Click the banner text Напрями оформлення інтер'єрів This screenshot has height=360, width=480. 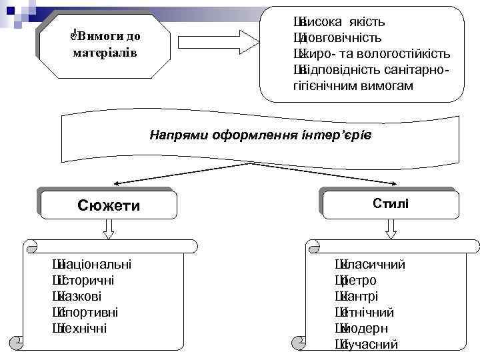point(260,135)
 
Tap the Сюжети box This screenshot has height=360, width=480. point(109,205)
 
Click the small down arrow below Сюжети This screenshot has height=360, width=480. point(109,229)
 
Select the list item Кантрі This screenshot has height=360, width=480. point(364,296)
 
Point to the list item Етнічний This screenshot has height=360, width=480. point(370,312)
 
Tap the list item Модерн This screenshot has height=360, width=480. point(367,328)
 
